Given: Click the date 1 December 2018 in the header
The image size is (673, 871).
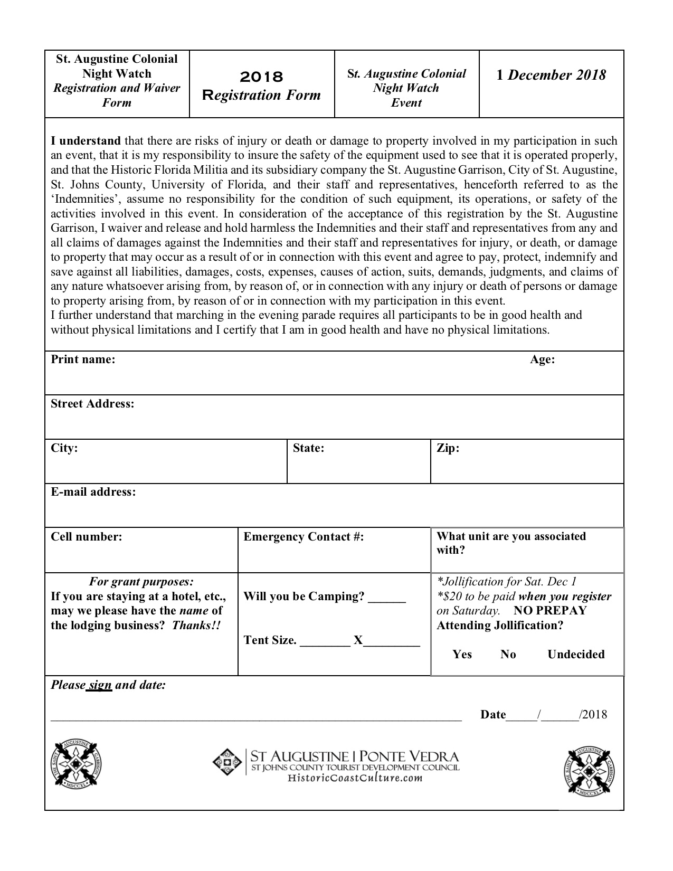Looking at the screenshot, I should pyautogui.click(x=551, y=75).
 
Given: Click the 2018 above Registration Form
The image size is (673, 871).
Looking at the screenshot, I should pyautogui.click(x=261, y=77).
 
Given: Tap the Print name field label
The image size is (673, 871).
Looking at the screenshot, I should pyautogui.click(x=83, y=359).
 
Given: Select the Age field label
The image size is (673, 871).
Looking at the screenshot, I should pyautogui.click(x=542, y=359).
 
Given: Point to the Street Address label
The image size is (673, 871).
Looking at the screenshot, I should pyautogui.click(x=92, y=404).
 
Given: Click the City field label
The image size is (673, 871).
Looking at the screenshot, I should pyautogui.click(x=64, y=448).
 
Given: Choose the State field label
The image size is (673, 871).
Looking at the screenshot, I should pyautogui.click(x=308, y=448).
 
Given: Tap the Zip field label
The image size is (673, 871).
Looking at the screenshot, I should pyautogui.click(x=448, y=448).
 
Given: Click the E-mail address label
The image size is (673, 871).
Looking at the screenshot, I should pyautogui.click(x=93, y=492).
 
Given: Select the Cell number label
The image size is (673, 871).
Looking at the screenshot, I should pyautogui.click(x=86, y=537).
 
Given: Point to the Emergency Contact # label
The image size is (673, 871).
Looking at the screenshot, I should pyautogui.click(x=304, y=537).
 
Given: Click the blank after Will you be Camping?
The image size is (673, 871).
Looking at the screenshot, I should pyautogui.click(x=387, y=598).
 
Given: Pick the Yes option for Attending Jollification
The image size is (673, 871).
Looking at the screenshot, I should pyautogui.click(x=462, y=655).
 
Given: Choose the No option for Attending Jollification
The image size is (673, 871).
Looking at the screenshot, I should pyautogui.click(x=508, y=655).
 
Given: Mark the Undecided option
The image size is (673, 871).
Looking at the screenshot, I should pyautogui.click(x=576, y=655).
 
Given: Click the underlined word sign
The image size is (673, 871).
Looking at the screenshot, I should pyautogui.click(x=100, y=685).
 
